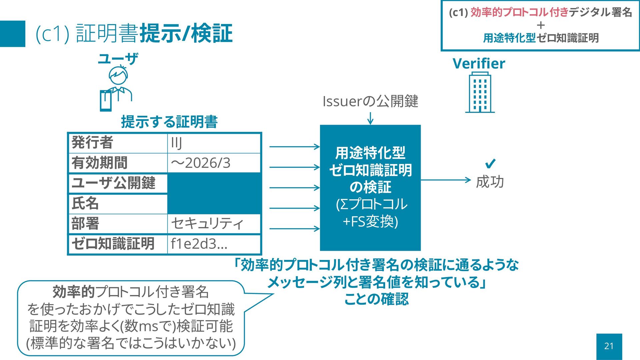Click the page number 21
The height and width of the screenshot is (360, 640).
[609, 346]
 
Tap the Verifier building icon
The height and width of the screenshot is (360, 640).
[480, 93]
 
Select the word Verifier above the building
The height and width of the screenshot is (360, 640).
[479, 63]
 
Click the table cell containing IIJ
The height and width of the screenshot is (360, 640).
[214, 143]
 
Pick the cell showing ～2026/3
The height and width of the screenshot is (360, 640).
[214, 163]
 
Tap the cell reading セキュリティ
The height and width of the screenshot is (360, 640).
[214, 223]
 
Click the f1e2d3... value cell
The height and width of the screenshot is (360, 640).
[214, 244]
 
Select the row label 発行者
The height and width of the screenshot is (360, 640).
[92, 143]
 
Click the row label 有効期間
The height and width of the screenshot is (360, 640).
[99, 163]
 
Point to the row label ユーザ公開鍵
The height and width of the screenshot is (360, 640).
[113, 183]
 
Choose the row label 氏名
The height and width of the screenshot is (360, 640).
[85, 203]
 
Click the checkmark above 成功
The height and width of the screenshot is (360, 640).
[490, 164]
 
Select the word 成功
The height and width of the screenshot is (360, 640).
[490, 182]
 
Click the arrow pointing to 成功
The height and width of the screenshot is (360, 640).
[446, 180]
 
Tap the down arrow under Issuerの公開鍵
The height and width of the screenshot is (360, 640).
[370, 118]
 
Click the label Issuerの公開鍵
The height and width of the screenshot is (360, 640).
[370, 101]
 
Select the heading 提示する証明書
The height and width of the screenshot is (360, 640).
[169, 122]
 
